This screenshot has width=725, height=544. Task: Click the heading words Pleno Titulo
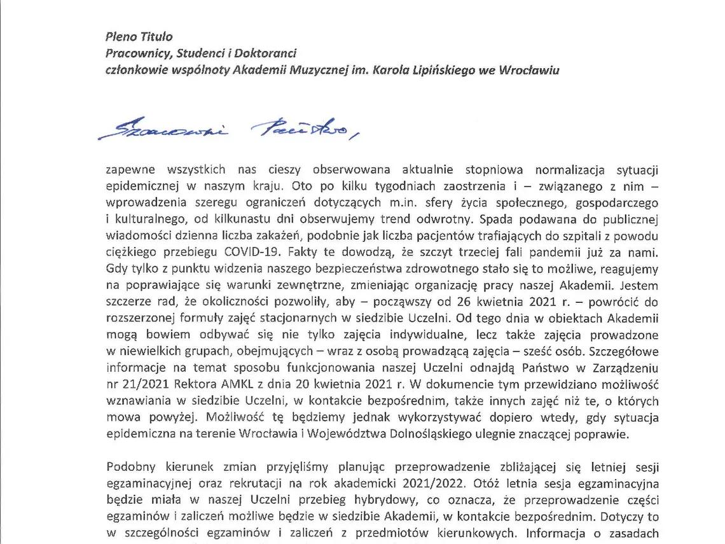138,37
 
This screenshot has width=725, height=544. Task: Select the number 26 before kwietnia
432,302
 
